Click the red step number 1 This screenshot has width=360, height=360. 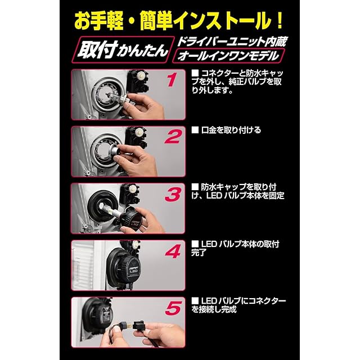click(172, 80)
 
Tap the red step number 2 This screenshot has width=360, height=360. click(173, 136)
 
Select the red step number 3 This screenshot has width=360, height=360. click(173, 194)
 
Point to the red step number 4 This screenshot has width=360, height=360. click(173, 251)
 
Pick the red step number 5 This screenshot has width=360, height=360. click(173, 308)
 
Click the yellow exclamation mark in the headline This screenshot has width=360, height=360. click(279, 21)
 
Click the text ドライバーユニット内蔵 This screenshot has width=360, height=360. click(232, 42)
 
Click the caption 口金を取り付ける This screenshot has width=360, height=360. click(231, 130)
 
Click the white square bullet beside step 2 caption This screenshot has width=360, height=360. click(195, 130)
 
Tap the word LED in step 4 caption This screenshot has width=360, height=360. click(209, 244)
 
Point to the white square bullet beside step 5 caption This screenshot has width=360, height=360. click(195, 300)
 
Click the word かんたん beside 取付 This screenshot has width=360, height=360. click(142, 51)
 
